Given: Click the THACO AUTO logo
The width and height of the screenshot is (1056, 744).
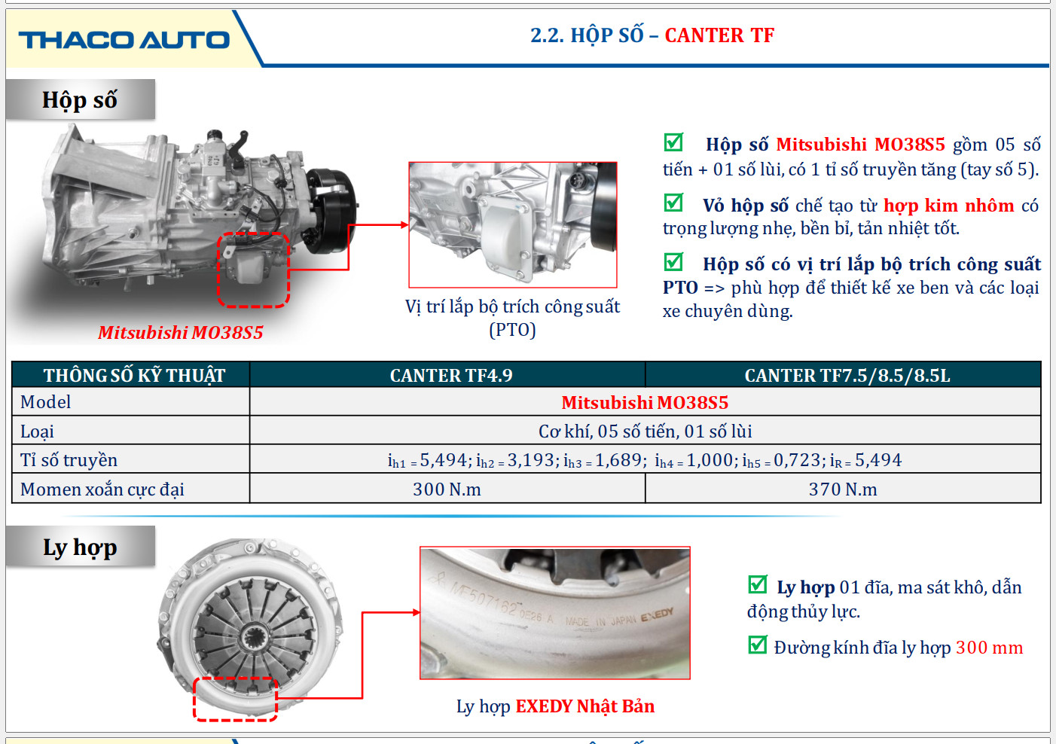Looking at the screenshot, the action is click(x=124, y=40).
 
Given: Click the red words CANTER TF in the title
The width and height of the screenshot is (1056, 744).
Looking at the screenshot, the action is click(x=719, y=35).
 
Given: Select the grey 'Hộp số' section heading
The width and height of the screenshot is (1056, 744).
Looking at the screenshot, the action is click(x=80, y=99).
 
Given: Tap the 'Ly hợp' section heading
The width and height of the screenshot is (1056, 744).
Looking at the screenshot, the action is click(x=80, y=547).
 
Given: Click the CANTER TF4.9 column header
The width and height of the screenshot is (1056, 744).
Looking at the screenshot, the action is click(x=450, y=375).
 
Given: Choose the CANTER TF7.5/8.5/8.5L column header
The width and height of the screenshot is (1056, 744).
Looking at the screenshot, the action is click(x=847, y=375).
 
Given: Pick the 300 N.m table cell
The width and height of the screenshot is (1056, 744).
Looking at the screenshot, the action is click(x=447, y=489).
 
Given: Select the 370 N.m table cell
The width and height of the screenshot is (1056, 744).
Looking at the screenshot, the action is click(x=843, y=489).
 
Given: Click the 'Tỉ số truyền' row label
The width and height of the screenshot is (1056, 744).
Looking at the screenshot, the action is click(x=69, y=459).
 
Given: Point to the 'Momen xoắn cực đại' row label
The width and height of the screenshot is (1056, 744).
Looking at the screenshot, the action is click(x=102, y=489).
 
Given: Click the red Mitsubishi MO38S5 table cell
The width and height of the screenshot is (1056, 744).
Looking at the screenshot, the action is click(x=645, y=402).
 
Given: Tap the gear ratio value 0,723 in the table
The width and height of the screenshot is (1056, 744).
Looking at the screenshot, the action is click(x=797, y=459).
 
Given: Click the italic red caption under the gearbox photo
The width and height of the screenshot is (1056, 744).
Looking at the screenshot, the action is click(x=181, y=332).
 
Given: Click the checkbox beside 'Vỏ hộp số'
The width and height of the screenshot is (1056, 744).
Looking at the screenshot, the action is click(x=673, y=203).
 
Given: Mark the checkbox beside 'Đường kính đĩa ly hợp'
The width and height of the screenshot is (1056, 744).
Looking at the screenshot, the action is click(x=758, y=645).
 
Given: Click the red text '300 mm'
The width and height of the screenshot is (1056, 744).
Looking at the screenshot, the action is click(x=989, y=648).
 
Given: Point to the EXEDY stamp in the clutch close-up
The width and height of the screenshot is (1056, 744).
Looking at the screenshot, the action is click(x=657, y=614).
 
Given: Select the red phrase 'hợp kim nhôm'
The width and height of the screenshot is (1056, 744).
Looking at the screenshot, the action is click(x=948, y=206).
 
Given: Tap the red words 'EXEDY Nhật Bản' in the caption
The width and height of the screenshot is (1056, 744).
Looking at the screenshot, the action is click(x=585, y=706).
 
